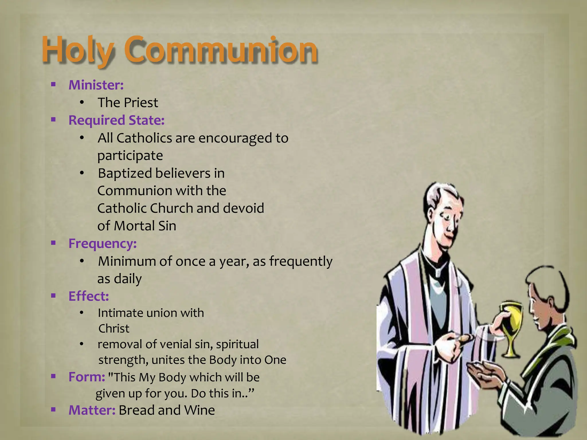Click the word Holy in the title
[77, 50]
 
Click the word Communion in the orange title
[222, 50]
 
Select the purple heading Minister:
[96, 85]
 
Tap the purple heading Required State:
[116, 120]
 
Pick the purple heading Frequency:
[102, 244]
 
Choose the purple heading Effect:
[89, 296]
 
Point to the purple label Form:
[87, 377]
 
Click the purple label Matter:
[92, 410]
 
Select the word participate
[130, 156]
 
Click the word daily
[128, 279]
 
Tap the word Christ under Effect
[114, 329]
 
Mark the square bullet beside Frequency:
[53, 243]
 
